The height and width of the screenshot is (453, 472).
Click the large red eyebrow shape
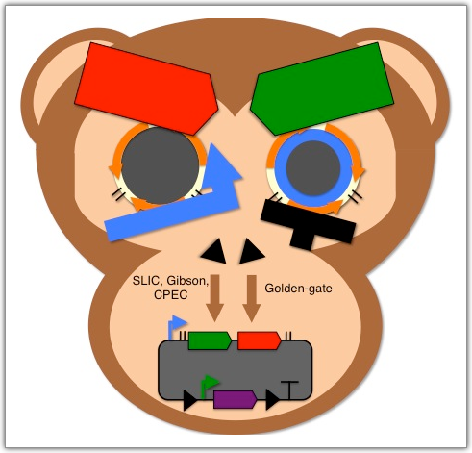(x=146, y=88)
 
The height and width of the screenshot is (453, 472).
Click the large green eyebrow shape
(x=322, y=88)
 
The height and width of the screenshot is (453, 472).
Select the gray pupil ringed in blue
(x=313, y=168)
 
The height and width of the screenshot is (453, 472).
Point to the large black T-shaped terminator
(x=308, y=224)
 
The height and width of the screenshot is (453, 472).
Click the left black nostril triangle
(x=214, y=251)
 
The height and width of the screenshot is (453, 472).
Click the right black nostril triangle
(x=252, y=251)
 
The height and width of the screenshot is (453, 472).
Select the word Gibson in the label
(x=188, y=281)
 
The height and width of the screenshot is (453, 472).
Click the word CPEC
(x=170, y=295)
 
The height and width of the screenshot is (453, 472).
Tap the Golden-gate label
(x=298, y=289)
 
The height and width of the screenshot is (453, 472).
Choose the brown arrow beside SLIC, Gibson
(x=214, y=298)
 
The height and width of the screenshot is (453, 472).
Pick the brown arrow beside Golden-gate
(x=252, y=298)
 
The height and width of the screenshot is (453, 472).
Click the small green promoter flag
(x=209, y=386)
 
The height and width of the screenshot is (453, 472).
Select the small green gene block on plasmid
(x=210, y=340)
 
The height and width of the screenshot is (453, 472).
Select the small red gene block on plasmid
(x=260, y=340)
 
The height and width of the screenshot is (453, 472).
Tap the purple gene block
(x=236, y=399)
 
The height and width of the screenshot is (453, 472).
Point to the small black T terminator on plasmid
(x=289, y=390)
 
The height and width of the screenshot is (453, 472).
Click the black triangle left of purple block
(x=189, y=400)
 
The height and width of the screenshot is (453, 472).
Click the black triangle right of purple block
(x=273, y=400)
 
